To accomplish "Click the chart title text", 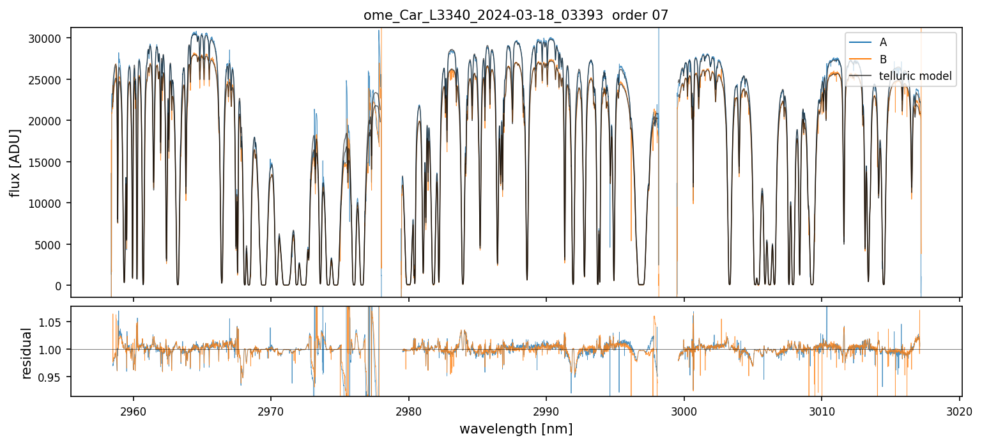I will tap(516, 15).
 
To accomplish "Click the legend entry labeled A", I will tap(883, 42).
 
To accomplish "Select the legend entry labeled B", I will tap(883, 59).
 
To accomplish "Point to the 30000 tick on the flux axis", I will tap(47, 38).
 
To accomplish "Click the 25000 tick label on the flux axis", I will tap(47, 79).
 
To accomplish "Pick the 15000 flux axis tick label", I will tap(47, 162).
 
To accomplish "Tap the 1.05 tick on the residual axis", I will tap(52, 322).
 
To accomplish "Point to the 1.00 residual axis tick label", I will tap(52, 350).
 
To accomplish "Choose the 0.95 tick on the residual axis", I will tap(52, 377).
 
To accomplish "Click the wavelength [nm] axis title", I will tap(516, 428).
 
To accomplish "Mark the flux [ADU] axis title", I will tap(15, 162).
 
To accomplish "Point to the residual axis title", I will tap(27, 352).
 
